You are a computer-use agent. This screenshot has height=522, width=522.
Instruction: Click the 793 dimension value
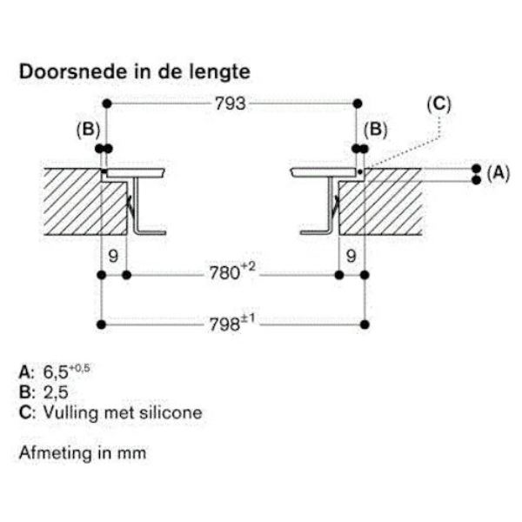coord(231,104)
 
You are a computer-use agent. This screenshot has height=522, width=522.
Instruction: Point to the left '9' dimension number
coord(113,257)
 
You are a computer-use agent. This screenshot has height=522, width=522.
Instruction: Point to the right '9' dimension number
coord(351,257)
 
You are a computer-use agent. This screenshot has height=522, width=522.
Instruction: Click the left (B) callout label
coord(89,130)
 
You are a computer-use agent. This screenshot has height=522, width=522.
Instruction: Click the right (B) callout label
coord(375,130)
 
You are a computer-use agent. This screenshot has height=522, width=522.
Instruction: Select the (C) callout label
coord(439,104)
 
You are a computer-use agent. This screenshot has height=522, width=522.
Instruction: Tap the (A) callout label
coord(498,173)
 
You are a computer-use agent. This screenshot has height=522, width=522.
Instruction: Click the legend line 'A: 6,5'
coord(55,371)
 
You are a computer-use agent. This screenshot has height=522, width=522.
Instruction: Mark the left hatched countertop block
coord(74,200)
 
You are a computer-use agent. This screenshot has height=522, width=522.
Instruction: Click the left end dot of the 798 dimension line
coord(103,325)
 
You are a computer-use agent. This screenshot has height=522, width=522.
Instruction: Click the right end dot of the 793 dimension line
coord(357,104)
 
